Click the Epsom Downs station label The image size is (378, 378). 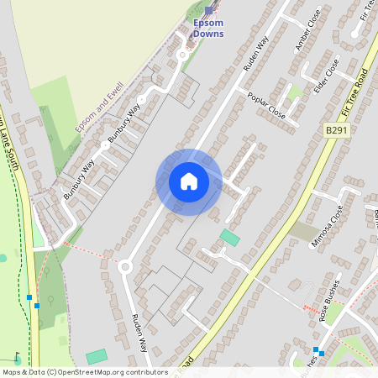click(208, 28)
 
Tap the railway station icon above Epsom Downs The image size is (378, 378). click(209, 10)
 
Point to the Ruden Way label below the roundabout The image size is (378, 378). click(139, 333)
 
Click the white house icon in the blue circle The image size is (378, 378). click(189, 181)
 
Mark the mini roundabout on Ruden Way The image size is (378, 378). click(125, 267)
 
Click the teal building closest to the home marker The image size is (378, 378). click(229, 238)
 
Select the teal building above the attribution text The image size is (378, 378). click(97, 356)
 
